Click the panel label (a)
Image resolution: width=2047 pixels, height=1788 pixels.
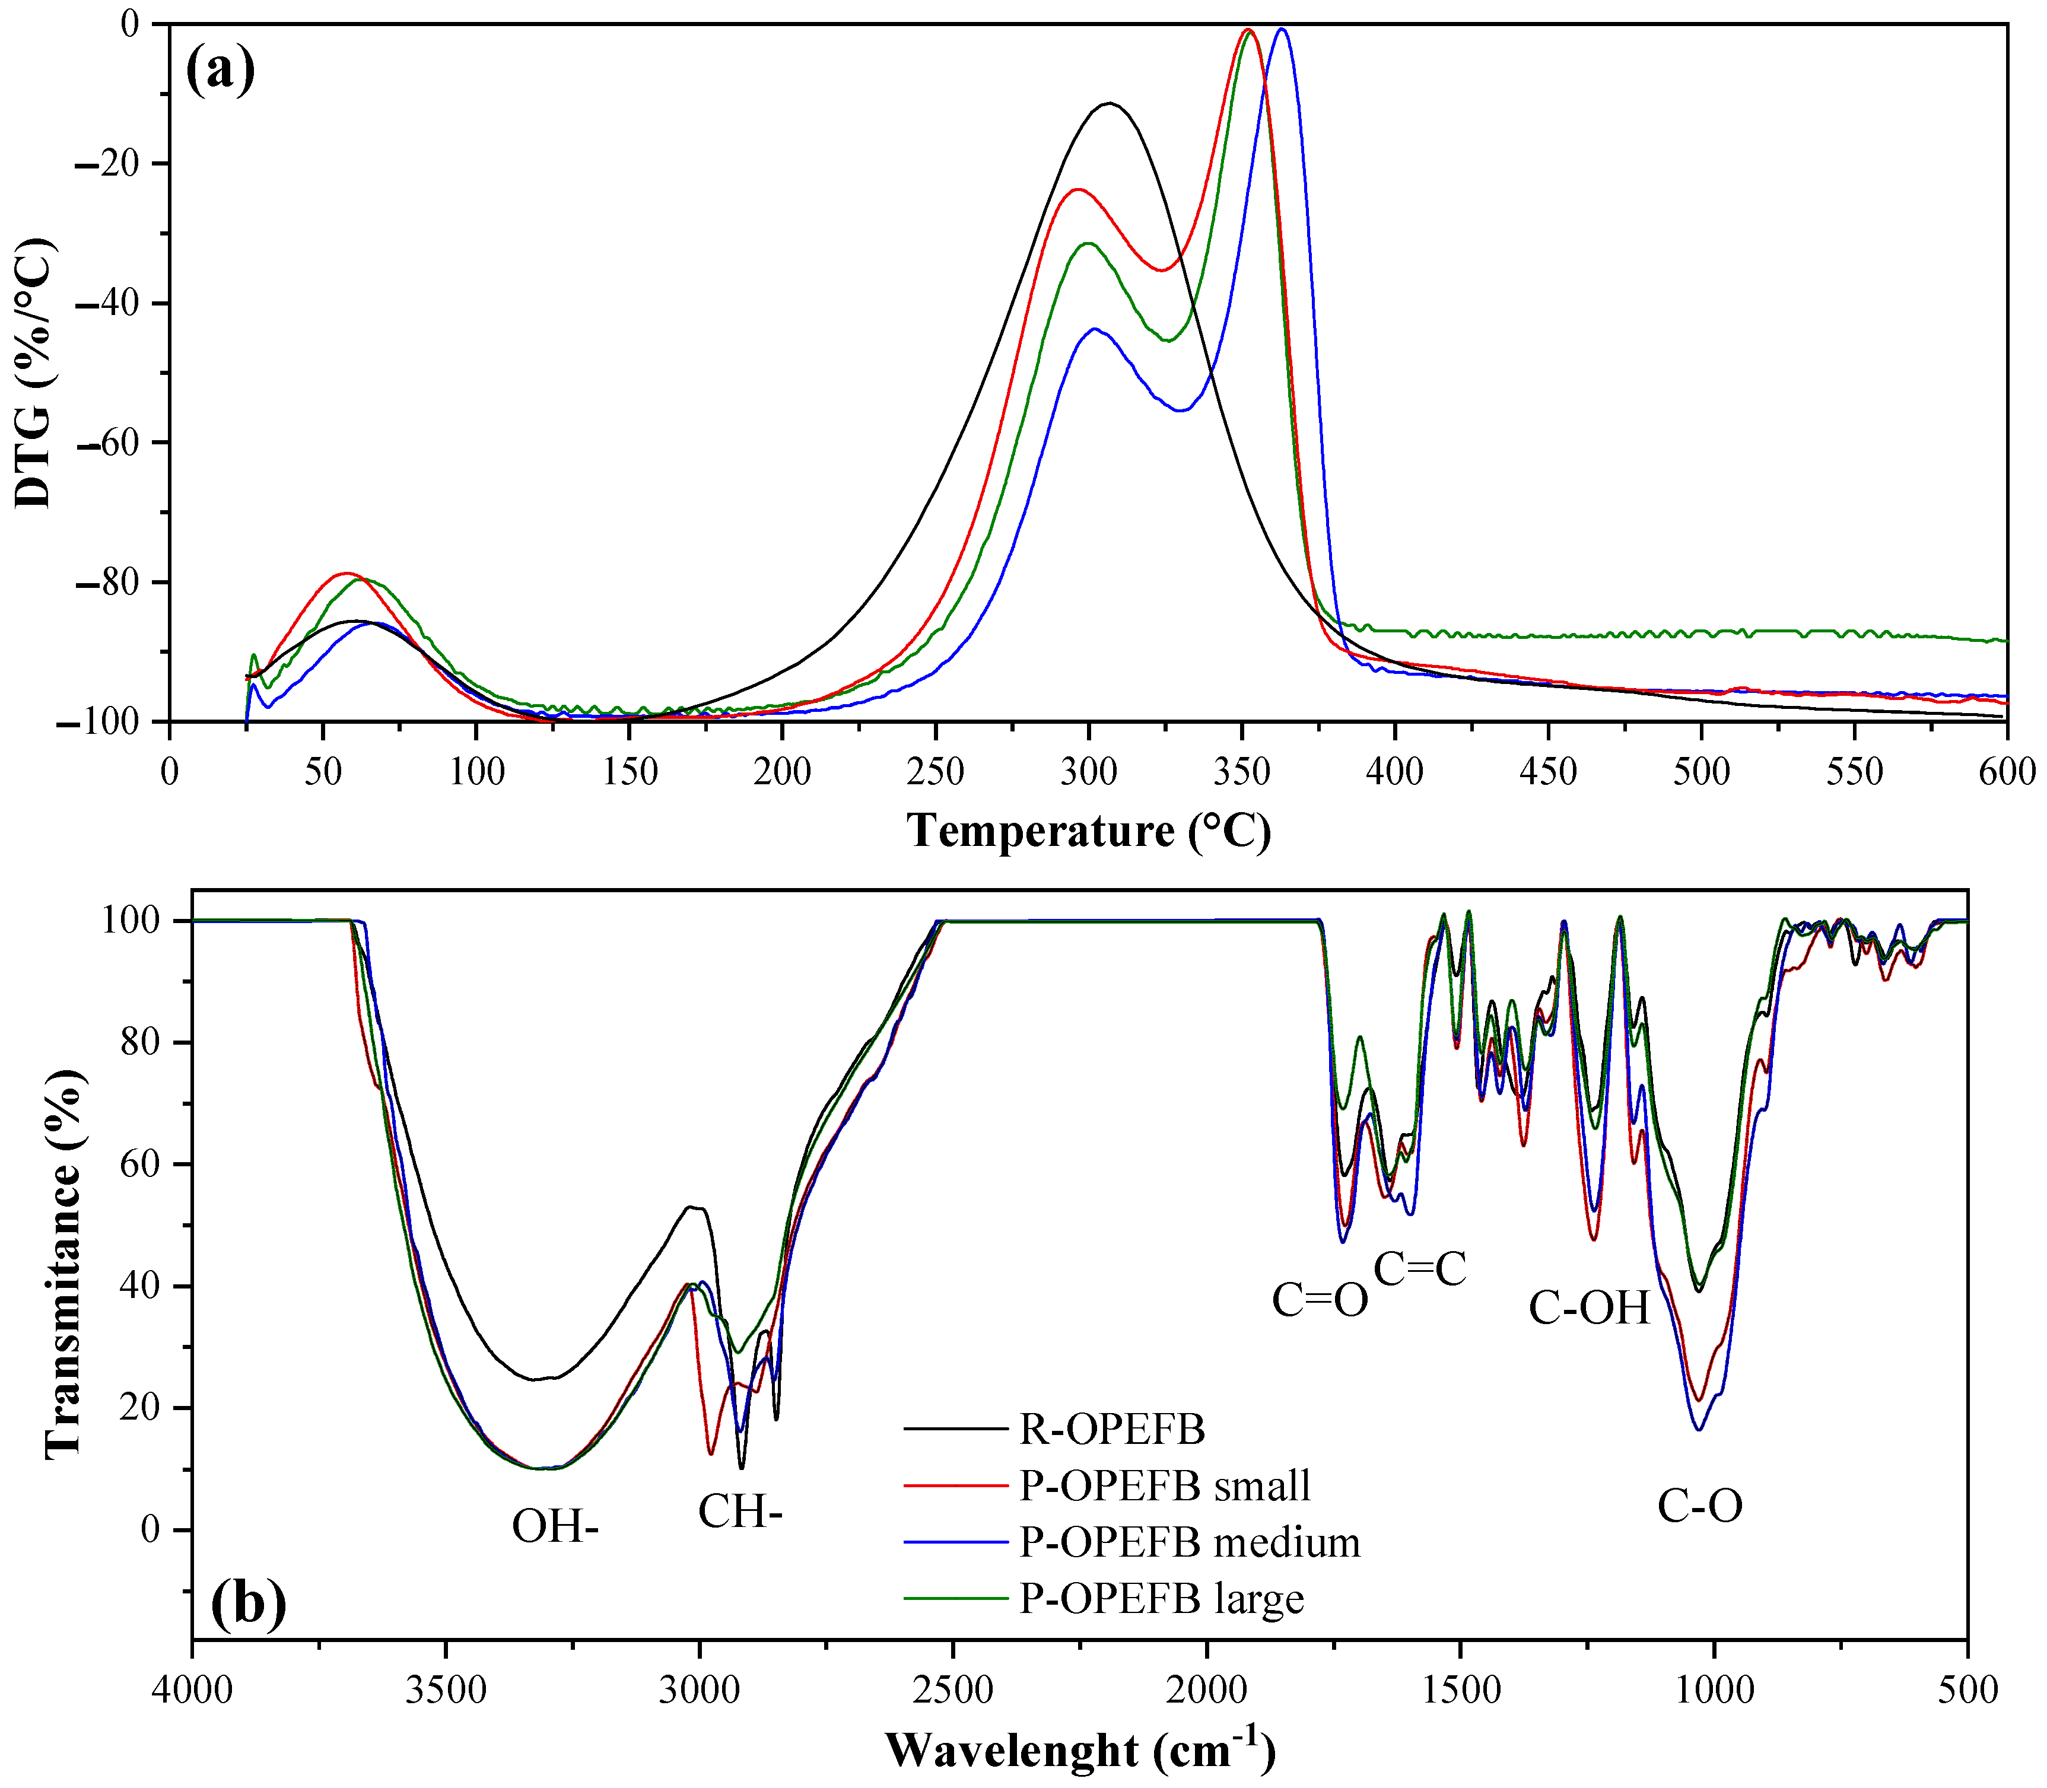pos(221,71)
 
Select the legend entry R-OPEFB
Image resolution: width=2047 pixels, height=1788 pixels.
pos(1111,1430)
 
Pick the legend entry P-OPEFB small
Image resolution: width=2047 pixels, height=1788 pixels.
pos(1164,1485)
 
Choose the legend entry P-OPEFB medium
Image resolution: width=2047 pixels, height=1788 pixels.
pos(1188,1542)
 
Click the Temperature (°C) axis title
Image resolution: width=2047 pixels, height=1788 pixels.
pos(1089,831)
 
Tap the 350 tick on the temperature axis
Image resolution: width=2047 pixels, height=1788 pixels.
pos(1242,771)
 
